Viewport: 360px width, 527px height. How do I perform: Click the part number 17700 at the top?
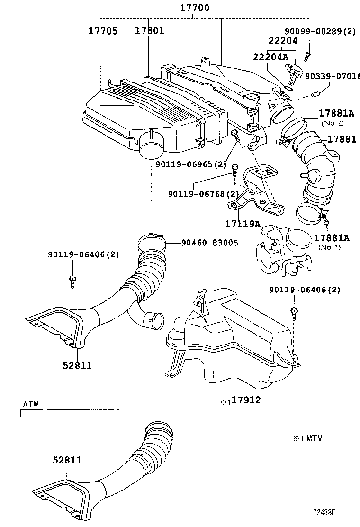pyautogui.click(x=195, y=8)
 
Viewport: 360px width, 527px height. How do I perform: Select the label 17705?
pyautogui.click(x=103, y=31)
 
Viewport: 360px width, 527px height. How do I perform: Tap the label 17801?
pyautogui.click(x=149, y=31)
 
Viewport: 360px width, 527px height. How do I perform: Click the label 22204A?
pyautogui.click(x=270, y=57)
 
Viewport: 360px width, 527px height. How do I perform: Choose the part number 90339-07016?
pyautogui.click(x=332, y=76)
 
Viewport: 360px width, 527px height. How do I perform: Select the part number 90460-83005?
pyautogui.click(x=209, y=243)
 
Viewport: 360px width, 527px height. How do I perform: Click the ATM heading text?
pyautogui.click(x=31, y=404)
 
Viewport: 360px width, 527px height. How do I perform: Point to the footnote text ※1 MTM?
pyautogui.click(x=308, y=438)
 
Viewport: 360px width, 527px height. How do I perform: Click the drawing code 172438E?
pyautogui.click(x=322, y=513)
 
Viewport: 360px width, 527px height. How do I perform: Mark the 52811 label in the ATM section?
pyautogui.click(x=67, y=460)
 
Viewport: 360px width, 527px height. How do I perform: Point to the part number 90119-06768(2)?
pyautogui.click(x=203, y=194)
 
